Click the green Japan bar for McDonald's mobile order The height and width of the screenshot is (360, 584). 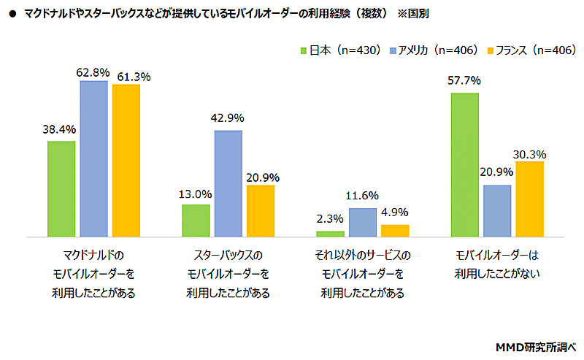tap(61, 189)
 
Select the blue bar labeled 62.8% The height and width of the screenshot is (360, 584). tap(93, 159)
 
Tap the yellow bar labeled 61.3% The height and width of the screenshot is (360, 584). tap(126, 161)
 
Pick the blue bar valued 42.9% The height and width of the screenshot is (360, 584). tap(228, 184)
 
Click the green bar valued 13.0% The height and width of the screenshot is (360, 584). tap(196, 221)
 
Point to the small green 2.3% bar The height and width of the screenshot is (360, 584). tap(330, 234)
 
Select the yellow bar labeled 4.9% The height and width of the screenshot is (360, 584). tap(395, 231)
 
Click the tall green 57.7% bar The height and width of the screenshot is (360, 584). tap(465, 165)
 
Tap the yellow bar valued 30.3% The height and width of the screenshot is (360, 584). tap(529, 199)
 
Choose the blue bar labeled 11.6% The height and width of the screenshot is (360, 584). tap(363, 223)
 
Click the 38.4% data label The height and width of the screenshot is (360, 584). tap(60, 130)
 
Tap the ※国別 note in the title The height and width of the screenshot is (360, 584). tap(412, 13)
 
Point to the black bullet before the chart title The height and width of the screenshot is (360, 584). tap(11, 13)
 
